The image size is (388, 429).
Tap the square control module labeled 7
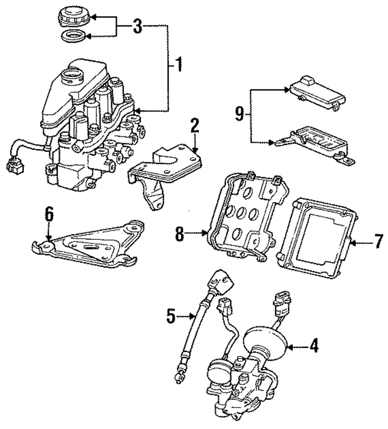point(318,237)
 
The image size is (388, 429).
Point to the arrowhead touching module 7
point(352,243)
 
